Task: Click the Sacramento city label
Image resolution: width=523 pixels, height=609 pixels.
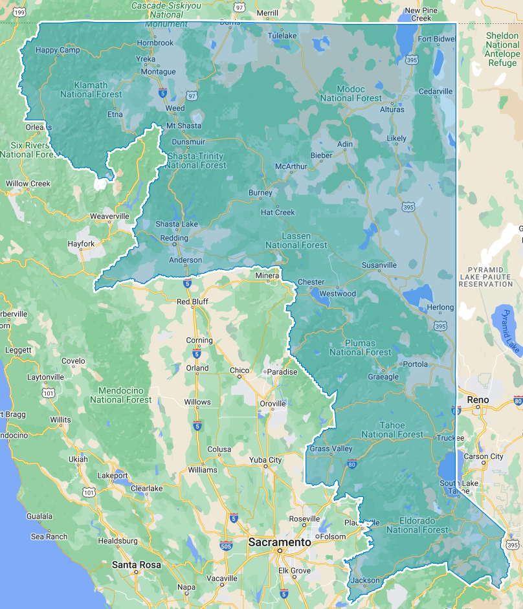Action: click(279, 542)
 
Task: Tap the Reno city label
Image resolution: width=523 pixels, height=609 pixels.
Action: click(478, 400)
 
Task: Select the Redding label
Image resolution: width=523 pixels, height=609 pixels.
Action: click(173, 238)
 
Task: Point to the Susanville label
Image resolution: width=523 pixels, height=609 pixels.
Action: click(379, 265)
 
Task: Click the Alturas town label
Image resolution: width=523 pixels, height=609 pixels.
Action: click(392, 109)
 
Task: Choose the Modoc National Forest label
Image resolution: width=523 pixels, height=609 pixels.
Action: click(351, 94)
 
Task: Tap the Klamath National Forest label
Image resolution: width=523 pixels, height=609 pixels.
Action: click(91, 90)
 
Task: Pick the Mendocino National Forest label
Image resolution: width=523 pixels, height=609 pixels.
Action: click(121, 395)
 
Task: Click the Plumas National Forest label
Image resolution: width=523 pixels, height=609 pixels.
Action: click(361, 348)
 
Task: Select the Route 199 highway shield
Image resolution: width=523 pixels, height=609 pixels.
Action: click(20, 12)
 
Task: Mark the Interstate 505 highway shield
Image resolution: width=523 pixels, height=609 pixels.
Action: click(226, 546)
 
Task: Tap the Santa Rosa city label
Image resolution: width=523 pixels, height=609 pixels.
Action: click(136, 565)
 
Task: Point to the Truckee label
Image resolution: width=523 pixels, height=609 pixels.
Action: click(451, 437)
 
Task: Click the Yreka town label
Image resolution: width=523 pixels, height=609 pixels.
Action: click(146, 59)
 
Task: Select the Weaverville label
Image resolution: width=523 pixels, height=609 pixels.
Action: click(109, 216)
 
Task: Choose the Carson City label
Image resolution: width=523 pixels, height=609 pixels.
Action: click(484, 456)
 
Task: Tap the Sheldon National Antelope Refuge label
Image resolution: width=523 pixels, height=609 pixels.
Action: click(502, 49)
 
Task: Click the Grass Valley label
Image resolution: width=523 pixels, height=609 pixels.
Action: click(331, 449)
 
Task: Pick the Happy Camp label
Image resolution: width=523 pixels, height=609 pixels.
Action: click(58, 50)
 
